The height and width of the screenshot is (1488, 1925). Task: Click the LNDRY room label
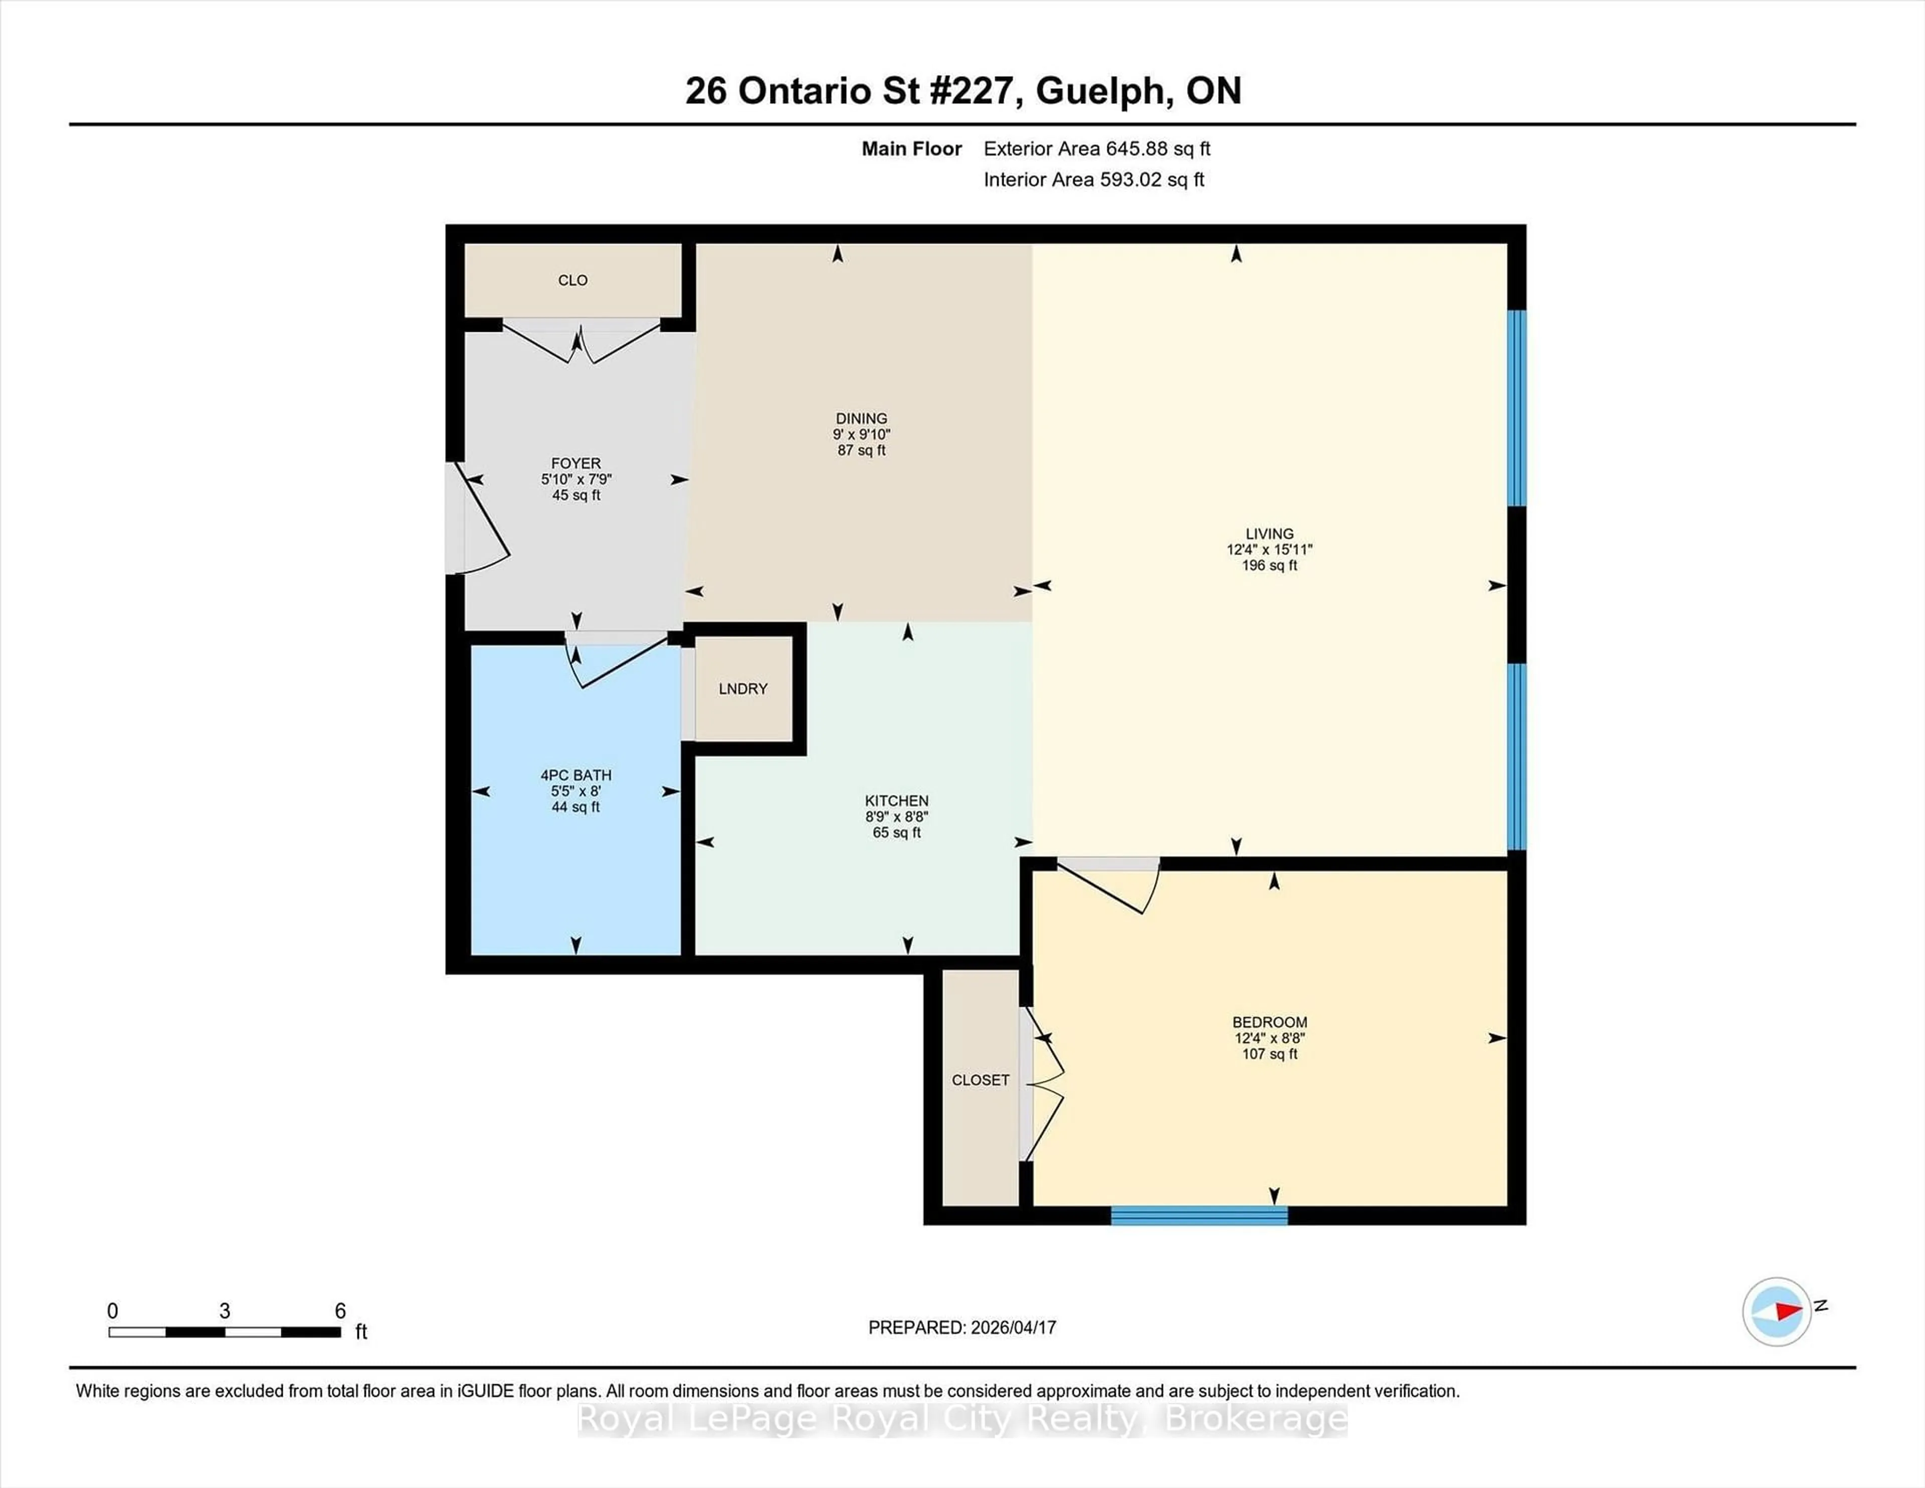tap(742, 688)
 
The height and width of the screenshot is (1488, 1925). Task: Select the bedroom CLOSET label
tap(980, 1080)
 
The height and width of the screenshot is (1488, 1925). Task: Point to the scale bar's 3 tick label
tap(225, 1311)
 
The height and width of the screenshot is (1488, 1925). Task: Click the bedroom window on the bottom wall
tap(1199, 1216)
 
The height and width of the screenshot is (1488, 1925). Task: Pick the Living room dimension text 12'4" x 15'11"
tap(1269, 549)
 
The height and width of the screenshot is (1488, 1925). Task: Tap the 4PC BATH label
tap(575, 775)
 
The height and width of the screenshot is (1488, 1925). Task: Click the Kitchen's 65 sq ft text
tap(896, 832)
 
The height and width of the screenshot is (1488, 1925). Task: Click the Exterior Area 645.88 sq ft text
tap(1096, 149)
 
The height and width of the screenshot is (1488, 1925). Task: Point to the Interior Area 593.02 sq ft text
tap(1093, 180)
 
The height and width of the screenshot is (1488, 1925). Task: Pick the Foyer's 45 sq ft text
tap(575, 495)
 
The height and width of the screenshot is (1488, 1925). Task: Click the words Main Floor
tap(911, 149)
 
